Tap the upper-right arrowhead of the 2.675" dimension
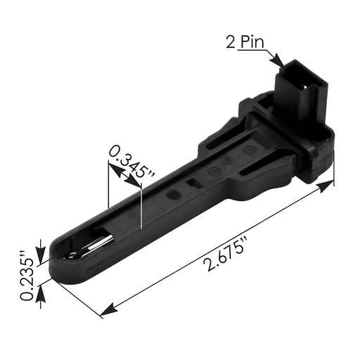330,184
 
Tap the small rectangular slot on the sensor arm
192,184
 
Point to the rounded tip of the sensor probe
60,260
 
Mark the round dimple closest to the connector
250,150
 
